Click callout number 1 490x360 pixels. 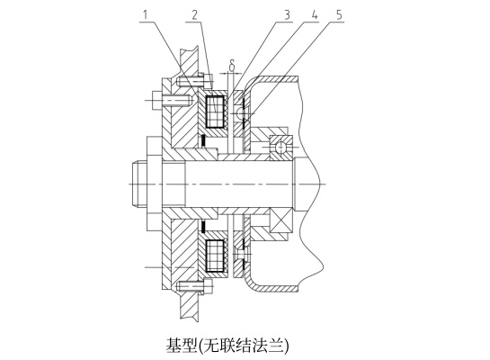[x=145, y=14]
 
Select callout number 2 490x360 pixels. [x=195, y=14]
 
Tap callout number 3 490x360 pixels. [x=287, y=14]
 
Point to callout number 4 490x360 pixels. [x=314, y=14]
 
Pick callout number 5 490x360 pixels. [x=339, y=14]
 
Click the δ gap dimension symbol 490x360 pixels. [x=232, y=65]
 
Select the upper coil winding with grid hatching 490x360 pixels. [x=215, y=112]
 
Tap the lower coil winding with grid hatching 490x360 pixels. [x=215, y=256]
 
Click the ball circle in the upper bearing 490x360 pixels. [x=281, y=148]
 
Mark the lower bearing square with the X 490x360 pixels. [x=281, y=221]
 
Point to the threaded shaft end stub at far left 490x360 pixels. [x=139, y=184]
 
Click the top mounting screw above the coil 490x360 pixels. [x=194, y=81]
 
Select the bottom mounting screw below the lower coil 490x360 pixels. [x=194, y=286]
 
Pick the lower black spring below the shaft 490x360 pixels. [x=203, y=227]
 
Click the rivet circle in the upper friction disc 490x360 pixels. [x=241, y=113]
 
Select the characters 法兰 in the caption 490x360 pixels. [x=271, y=346]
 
